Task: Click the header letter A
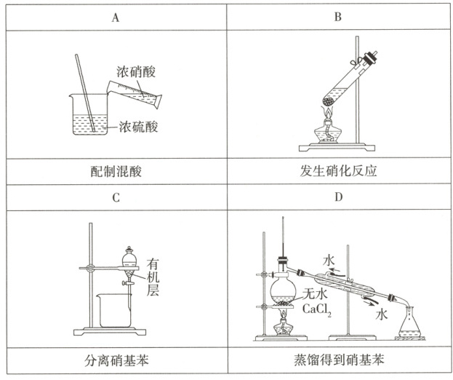115,16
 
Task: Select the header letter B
337,16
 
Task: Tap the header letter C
115,197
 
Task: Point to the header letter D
337,197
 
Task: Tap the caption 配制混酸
115,173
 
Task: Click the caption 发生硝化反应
337,173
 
